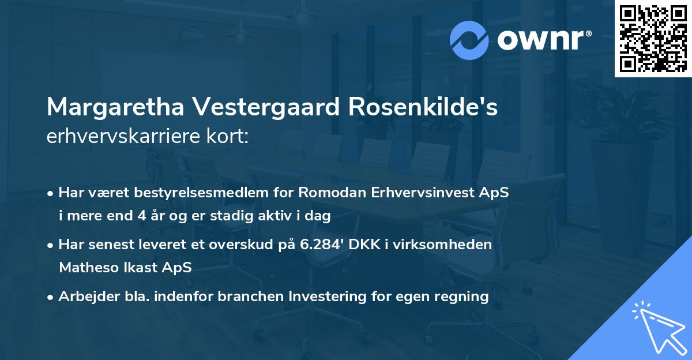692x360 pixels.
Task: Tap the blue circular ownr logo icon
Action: click(x=469, y=40)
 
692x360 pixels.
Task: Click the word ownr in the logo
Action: click(x=540, y=40)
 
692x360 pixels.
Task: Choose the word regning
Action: click(x=462, y=297)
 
